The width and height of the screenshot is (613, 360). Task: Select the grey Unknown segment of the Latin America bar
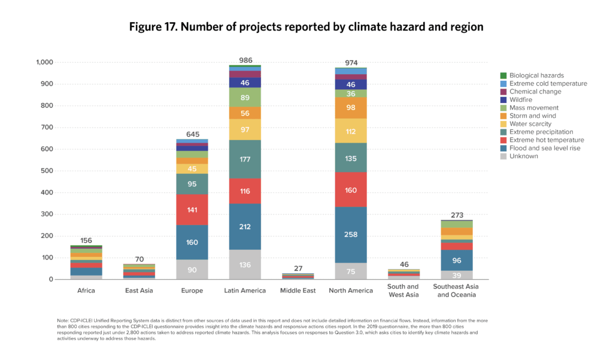tap(245, 264)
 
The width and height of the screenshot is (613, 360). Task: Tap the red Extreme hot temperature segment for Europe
tap(192, 210)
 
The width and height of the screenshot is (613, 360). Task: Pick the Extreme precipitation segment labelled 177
tap(245, 159)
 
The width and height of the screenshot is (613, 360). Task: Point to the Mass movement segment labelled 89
tap(245, 97)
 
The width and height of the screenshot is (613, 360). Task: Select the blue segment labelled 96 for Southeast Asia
tap(457, 260)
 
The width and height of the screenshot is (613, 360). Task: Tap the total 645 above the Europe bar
tap(192, 134)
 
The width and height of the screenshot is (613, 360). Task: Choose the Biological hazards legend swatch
tap(503, 75)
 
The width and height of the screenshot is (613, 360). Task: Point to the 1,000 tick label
tap(44, 62)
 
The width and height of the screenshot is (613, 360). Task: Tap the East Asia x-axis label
tap(139, 291)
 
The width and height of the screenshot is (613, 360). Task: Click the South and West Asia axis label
tap(403, 291)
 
